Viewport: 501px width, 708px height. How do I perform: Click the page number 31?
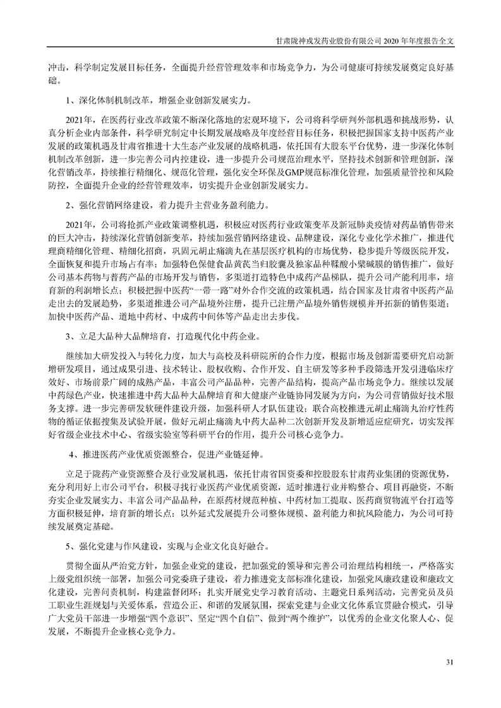[450, 662]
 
